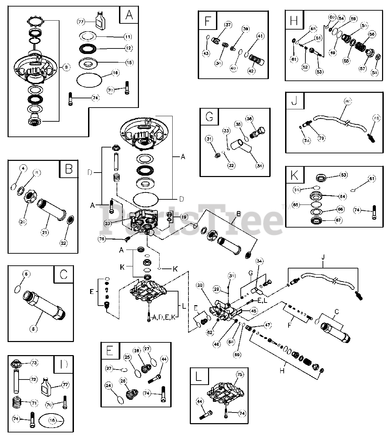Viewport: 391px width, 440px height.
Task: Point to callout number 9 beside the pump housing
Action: tap(66, 68)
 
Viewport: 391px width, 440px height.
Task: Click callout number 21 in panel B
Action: tap(44, 232)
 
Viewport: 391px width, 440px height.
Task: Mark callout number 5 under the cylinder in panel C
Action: tap(33, 329)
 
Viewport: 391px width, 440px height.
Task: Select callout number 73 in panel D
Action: tap(34, 363)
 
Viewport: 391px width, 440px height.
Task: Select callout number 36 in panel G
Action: tap(249, 119)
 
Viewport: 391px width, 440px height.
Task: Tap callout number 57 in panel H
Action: tap(362, 68)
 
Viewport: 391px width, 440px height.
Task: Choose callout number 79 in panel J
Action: tap(322, 138)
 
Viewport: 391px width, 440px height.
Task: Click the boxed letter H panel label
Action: tap(294, 20)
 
